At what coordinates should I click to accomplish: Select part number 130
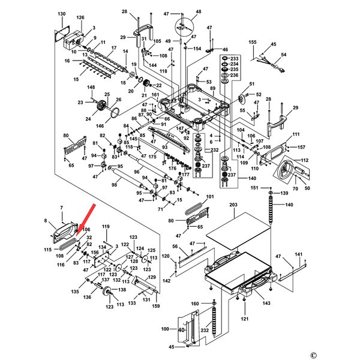[62, 13]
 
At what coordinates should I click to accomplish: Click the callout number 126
[80, 18]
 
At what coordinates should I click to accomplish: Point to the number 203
[233, 205]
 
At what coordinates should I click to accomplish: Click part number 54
[284, 55]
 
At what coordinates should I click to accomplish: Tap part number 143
[266, 304]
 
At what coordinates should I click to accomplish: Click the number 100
[166, 329]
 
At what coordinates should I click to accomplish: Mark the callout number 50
[308, 189]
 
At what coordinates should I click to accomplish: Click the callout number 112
[305, 160]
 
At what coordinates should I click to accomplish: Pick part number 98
[114, 185]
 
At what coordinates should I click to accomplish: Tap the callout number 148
[91, 88]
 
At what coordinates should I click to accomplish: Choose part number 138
[122, 290]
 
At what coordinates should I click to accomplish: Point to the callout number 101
[210, 196]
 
